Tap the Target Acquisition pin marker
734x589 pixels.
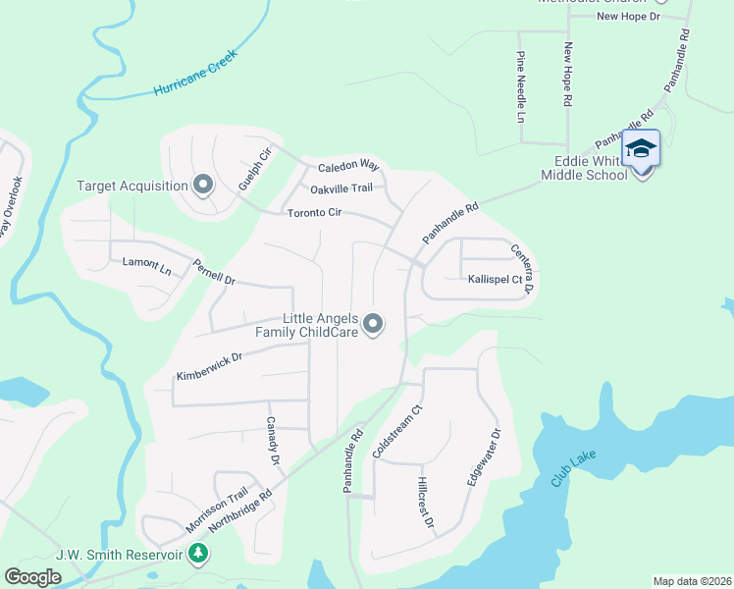pos(203,185)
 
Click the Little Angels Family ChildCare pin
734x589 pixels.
pos(373,323)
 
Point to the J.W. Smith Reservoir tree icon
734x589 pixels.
pos(199,554)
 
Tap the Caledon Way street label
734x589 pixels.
pos(347,165)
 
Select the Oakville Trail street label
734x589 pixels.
pos(341,188)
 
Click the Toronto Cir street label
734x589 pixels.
pos(314,213)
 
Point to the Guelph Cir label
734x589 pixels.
pos(254,169)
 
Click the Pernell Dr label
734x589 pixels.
pos(214,272)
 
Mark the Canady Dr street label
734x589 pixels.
pos(274,442)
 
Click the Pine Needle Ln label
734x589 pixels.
pos(520,88)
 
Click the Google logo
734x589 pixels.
pos(33,577)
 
